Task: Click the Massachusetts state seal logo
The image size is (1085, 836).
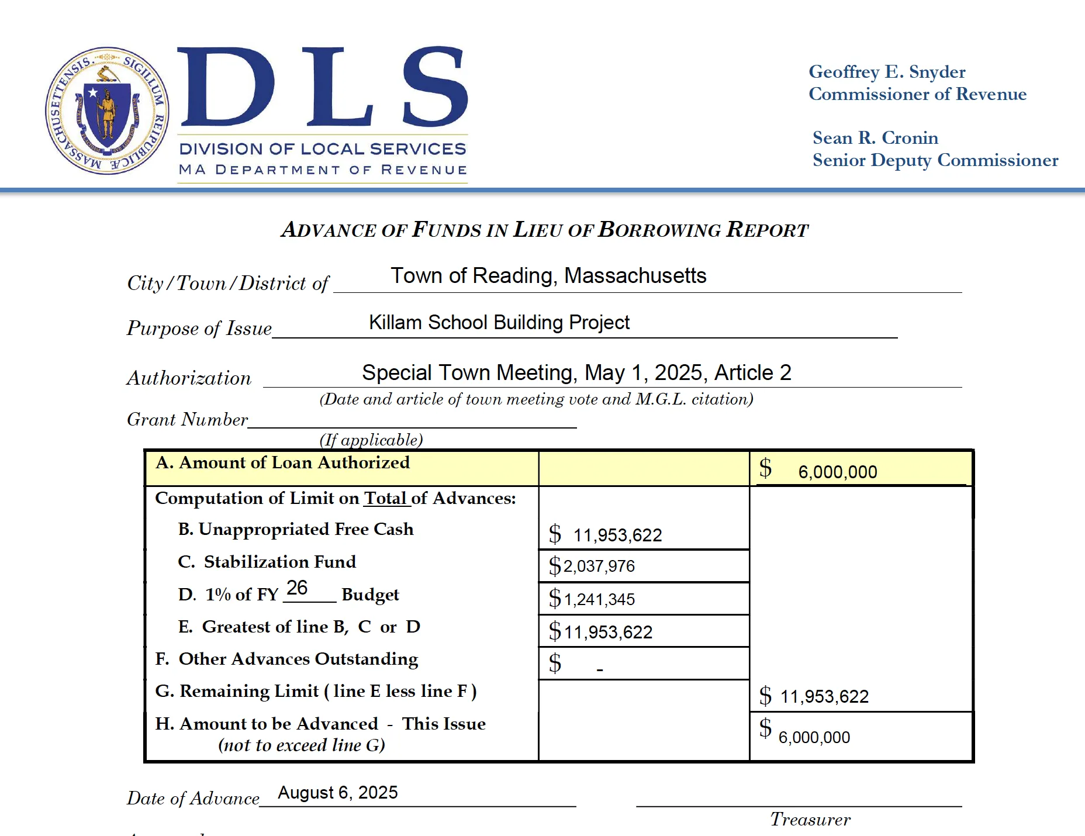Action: pos(108,111)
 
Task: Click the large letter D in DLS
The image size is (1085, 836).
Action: pos(226,88)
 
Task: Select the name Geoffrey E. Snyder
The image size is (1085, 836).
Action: pos(887,72)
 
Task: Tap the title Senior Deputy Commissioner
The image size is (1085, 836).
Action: pos(935,160)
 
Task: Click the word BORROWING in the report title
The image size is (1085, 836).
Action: pos(660,230)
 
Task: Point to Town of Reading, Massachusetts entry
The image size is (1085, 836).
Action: pos(548,275)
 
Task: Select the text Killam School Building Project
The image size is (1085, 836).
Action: pos(499,322)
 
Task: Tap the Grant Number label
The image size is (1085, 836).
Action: pos(188,419)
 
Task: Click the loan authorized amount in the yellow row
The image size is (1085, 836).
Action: pos(837,472)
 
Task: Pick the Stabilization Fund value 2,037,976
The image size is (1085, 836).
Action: pos(599,566)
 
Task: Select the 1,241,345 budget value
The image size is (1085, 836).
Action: pos(599,599)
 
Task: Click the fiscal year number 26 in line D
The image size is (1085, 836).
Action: pos(297,588)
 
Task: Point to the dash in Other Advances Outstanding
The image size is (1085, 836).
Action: pos(600,669)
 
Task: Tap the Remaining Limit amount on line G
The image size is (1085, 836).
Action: pos(824,696)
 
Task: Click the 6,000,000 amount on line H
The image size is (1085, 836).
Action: pos(814,737)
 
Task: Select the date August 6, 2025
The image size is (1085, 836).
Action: pos(337,793)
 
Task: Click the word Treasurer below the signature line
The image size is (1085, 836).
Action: pos(810,820)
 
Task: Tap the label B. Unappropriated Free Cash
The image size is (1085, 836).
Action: pos(296,529)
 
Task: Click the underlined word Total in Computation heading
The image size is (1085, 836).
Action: pos(385,498)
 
